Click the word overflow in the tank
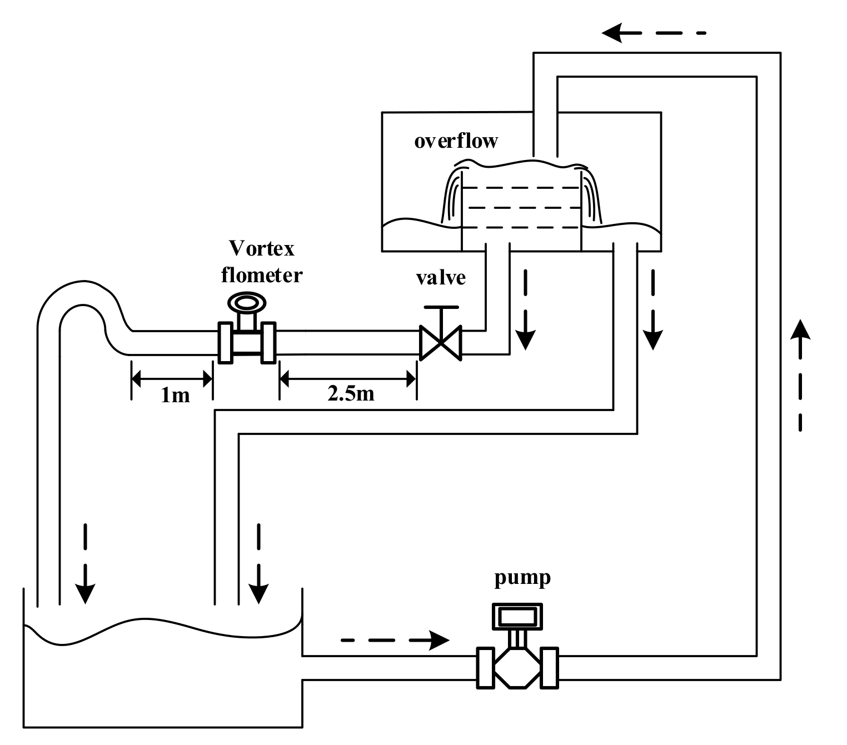[x=456, y=141]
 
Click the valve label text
[x=441, y=277]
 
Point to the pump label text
[x=522, y=578]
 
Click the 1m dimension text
[x=175, y=395]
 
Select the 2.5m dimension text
[x=350, y=393]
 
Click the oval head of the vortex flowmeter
[x=247, y=303]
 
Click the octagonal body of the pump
[x=517, y=667]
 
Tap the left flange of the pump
[x=485, y=667]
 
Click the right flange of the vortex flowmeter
[x=268, y=342]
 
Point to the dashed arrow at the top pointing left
[x=653, y=33]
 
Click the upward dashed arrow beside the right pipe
[x=800, y=375]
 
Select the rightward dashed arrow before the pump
[x=395, y=640]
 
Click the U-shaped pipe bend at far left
[x=78, y=300]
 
